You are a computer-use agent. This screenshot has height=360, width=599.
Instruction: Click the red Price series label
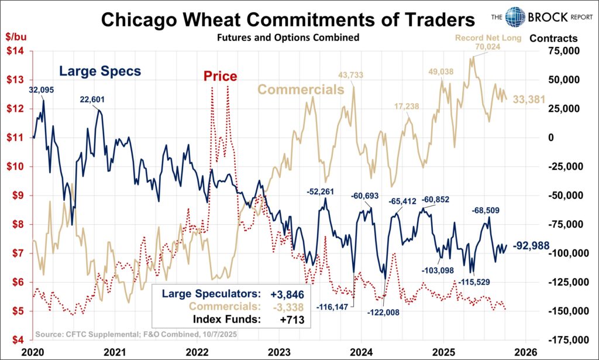220,76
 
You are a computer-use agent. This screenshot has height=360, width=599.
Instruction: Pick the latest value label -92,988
531,246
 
